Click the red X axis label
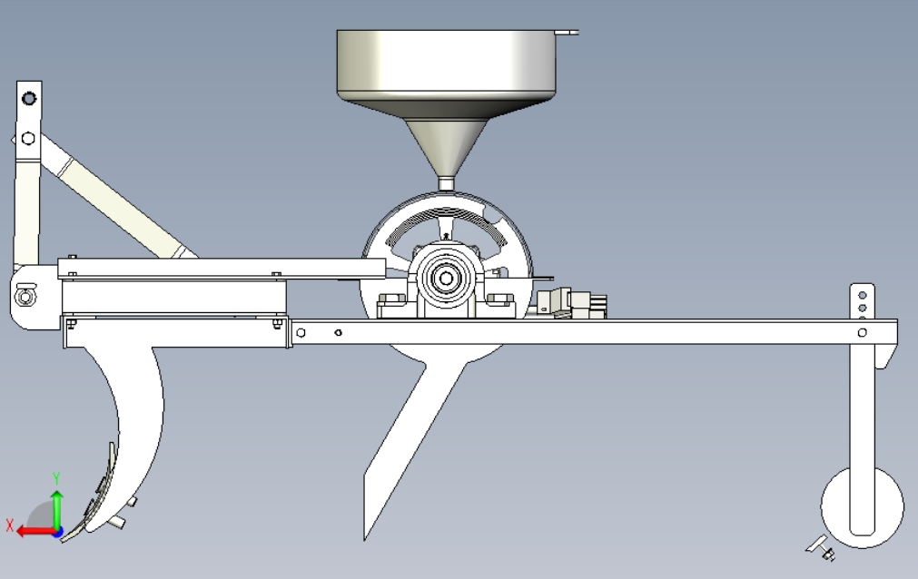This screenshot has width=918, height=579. pos(9,525)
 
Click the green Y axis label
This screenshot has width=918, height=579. pos(57,478)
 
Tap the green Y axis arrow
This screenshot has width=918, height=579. pos(57,510)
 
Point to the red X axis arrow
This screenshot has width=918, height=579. pos(36,532)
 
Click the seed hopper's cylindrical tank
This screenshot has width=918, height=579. pos(446,61)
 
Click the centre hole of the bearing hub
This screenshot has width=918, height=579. pos(446,279)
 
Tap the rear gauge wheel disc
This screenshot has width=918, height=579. pos(862,507)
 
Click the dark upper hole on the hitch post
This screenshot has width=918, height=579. pos(29,98)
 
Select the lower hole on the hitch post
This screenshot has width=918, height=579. pos(27,138)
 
